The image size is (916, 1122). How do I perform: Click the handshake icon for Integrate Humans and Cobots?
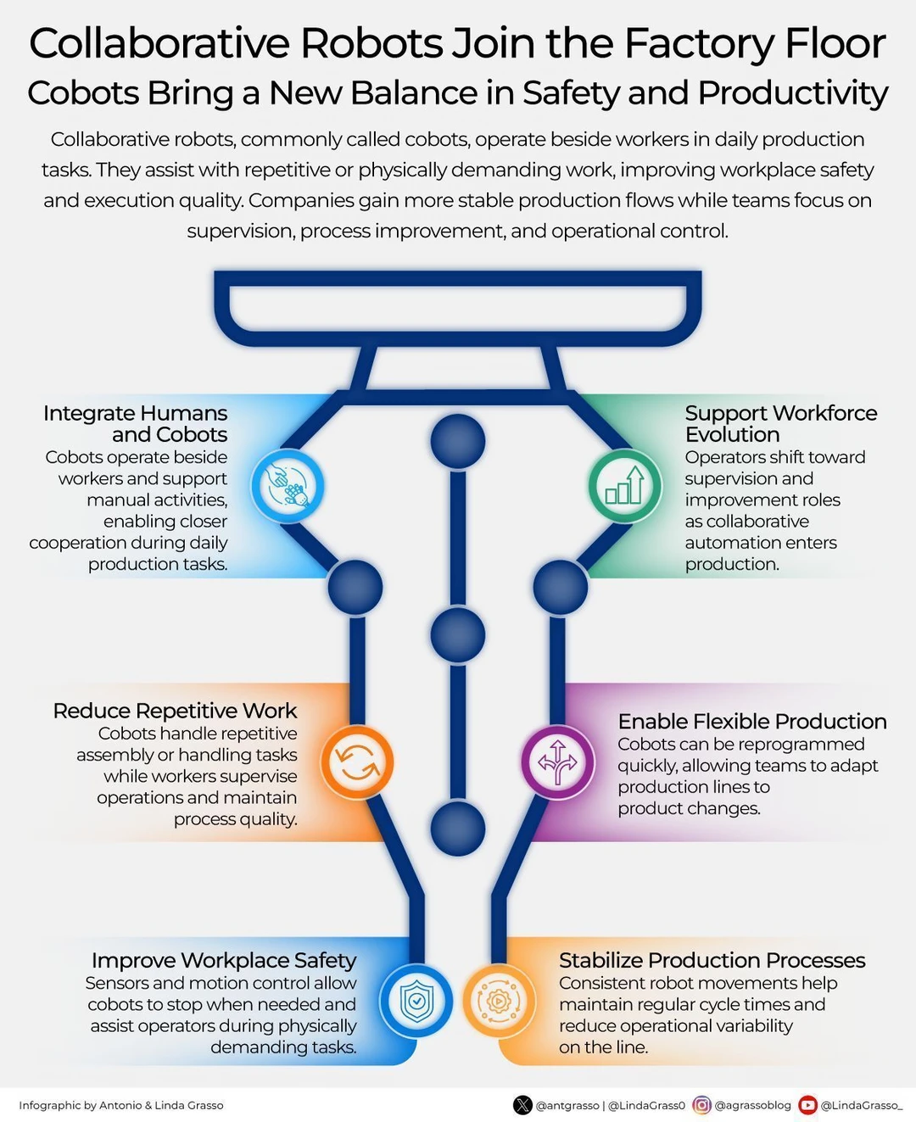tap(288, 486)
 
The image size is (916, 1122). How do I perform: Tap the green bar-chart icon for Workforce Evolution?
tap(624, 486)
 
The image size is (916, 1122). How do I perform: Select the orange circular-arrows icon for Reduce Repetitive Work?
tap(357, 762)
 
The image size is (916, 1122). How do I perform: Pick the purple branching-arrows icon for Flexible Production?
tap(557, 762)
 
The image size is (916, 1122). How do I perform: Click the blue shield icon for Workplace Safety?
tap(416, 1001)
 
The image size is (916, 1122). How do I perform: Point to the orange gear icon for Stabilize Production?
tap(499, 1001)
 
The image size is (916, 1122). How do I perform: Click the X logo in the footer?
tap(522, 1105)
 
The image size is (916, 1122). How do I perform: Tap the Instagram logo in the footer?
tap(701, 1105)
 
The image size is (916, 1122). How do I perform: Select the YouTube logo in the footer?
tap(807, 1105)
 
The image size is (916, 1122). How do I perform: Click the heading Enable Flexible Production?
tap(752, 722)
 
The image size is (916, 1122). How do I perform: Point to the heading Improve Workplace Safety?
tap(224, 961)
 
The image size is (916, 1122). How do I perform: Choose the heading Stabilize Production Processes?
tap(712, 961)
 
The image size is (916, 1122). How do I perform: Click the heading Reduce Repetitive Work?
tap(175, 711)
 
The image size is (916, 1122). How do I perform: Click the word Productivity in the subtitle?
tap(793, 93)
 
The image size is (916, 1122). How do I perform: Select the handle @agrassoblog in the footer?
tap(752, 1106)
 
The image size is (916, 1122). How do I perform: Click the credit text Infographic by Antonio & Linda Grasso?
tap(121, 1106)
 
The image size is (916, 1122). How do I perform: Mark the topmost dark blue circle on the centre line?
tap(457, 442)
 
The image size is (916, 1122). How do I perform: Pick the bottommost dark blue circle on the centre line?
tap(457, 829)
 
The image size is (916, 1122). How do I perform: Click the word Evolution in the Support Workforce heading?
tap(733, 435)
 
